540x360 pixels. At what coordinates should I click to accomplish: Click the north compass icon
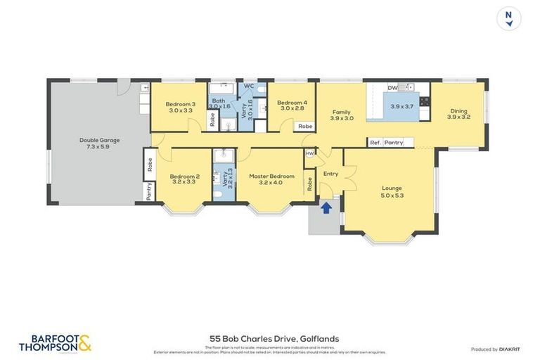pos(508,18)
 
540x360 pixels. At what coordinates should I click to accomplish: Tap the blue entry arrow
pos(326,207)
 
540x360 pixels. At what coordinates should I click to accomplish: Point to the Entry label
pos(330,174)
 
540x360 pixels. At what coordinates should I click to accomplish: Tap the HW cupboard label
pos(309,153)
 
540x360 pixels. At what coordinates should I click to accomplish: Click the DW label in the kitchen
pos(392,88)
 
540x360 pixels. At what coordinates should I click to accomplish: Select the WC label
pos(248,86)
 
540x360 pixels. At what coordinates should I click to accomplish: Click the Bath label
pos(219,101)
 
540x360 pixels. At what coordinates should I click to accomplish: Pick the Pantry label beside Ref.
pos(394,143)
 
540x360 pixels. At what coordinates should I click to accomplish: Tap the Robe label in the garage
pos(150,165)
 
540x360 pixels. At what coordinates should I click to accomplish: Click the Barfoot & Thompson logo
pos(56,343)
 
